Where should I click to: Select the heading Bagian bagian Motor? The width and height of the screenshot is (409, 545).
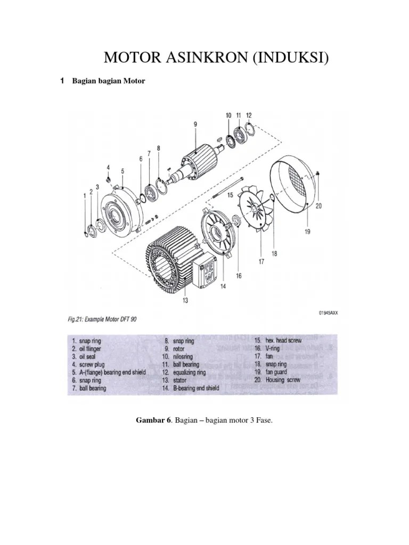[x=109, y=81]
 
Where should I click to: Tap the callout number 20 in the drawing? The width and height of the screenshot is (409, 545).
[x=318, y=206]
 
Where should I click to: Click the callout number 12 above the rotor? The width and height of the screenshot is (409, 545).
[x=249, y=115]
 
